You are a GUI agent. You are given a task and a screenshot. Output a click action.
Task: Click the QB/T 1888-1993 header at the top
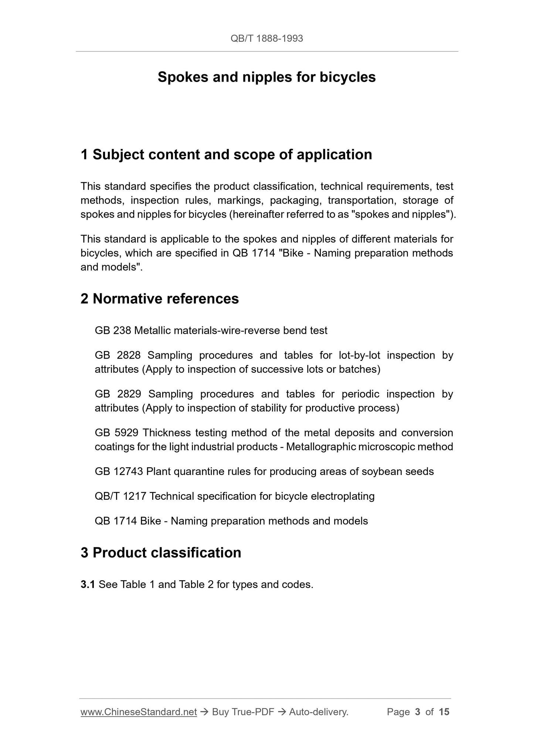click(266, 38)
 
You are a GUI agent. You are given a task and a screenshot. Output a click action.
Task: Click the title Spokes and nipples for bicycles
click(266, 77)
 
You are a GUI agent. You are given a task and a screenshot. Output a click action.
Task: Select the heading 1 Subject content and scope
click(226, 154)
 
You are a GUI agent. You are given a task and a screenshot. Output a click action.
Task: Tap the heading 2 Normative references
click(160, 298)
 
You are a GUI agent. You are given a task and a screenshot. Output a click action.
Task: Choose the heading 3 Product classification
click(161, 553)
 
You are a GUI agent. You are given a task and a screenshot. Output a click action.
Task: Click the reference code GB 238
click(113, 330)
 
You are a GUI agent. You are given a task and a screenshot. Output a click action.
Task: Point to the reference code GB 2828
click(118, 355)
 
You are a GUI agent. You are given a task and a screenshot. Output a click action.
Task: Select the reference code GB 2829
click(118, 394)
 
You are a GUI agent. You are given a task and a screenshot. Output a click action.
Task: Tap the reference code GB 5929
click(117, 433)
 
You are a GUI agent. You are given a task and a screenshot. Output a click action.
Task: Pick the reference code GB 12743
click(119, 471)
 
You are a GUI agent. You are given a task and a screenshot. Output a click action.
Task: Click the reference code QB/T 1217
click(120, 496)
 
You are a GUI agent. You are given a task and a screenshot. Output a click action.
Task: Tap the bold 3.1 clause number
click(88, 584)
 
